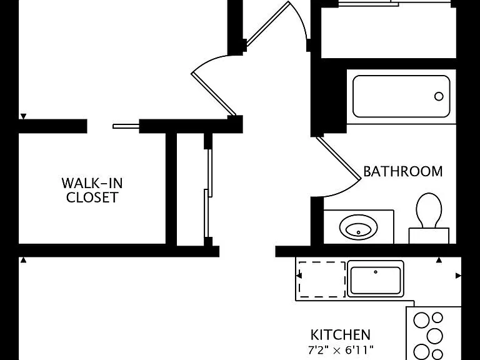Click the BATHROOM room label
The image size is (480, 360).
tap(403, 171)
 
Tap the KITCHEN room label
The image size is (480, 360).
tap(341, 335)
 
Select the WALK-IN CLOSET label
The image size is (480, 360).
tap(92, 190)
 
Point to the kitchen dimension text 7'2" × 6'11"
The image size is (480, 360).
tap(341, 349)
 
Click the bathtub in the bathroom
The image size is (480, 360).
tap(401, 96)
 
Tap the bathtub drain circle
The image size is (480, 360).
tap(439, 96)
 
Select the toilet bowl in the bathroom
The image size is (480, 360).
tap(429, 210)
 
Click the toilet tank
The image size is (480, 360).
tap(429, 236)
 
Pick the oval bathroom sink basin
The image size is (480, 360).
tap(359, 227)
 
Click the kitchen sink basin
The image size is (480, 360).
tap(376, 280)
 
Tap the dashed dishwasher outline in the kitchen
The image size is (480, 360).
tap(322, 279)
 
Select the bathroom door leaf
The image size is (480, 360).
tap(339, 157)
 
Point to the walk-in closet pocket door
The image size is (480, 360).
tap(126, 126)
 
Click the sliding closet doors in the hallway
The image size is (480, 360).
tap(209, 193)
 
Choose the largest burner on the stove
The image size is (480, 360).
tap(434, 336)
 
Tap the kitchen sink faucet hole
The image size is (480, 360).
tap(376, 272)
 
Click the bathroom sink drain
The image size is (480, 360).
tap(359, 232)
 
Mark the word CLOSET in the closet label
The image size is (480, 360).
tap(92, 197)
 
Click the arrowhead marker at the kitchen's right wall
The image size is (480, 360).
tap(458, 276)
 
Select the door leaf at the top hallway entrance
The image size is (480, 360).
tap(267, 24)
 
